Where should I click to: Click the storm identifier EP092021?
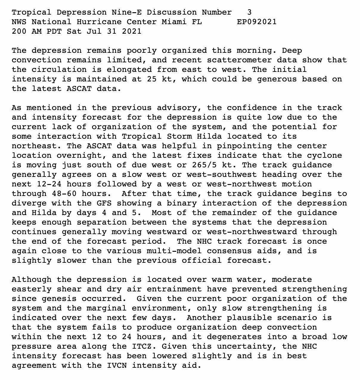[x=257, y=22]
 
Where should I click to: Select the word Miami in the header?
[x=174, y=22]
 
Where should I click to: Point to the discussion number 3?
[x=249, y=12]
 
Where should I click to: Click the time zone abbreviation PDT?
[x=54, y=31]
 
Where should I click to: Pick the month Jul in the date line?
[x=94, y=31]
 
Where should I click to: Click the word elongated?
[x=129, y=69]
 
